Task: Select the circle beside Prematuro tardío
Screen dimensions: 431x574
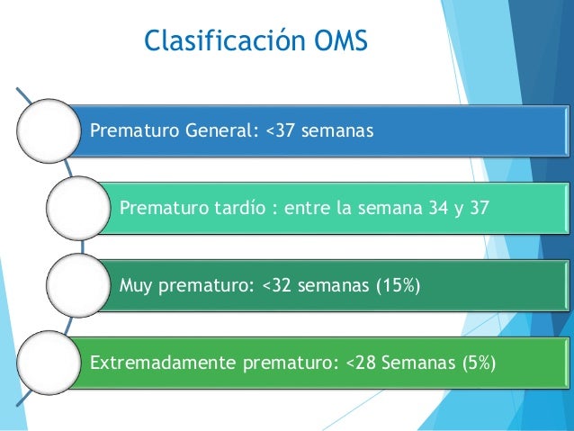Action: pos(78,209)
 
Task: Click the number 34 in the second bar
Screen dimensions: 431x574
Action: pos(432,210)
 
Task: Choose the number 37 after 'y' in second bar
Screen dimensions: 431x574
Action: pos(479,210)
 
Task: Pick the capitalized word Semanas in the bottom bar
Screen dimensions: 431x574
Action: pos(414,364)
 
